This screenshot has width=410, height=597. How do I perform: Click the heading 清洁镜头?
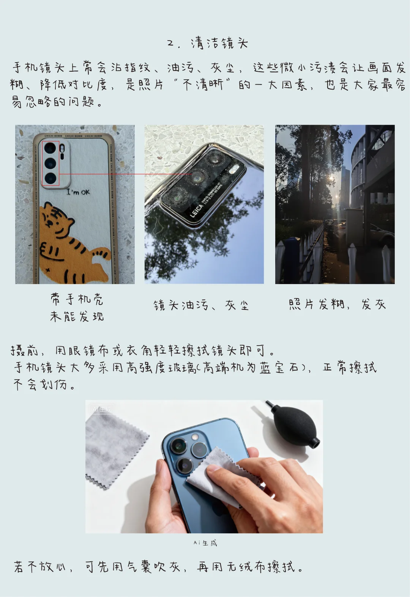coord(219,43)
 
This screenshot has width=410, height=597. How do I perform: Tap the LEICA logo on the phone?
coord(197,211)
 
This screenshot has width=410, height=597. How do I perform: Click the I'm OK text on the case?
coord(78,192)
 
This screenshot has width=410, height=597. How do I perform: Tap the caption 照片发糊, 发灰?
coord(337,304)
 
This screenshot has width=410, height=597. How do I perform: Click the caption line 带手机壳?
coord(77,299)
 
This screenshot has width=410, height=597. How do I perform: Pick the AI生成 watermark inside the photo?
coord(102,409)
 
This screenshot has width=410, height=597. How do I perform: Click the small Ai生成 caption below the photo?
coord(205,543)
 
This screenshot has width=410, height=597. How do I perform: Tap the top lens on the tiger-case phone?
coord(50,148)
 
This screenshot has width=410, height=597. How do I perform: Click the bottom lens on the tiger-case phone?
coord(50,178)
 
